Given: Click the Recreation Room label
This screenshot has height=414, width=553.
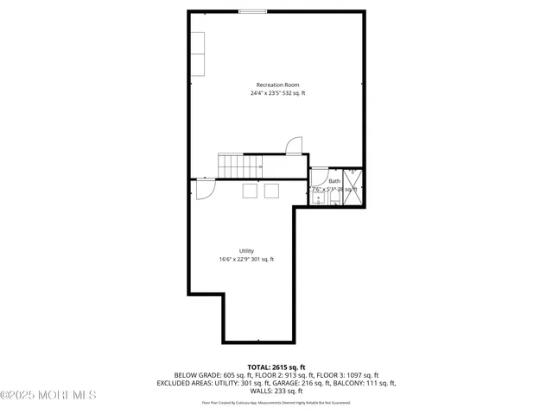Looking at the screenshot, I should [277, 85].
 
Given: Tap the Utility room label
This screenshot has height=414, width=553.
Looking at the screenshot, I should [246, 250].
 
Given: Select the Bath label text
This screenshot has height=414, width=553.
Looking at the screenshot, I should [334, 181].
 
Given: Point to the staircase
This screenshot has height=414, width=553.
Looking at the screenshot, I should [239, 166].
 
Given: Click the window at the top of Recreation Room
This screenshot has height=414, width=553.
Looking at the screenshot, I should [252, 11].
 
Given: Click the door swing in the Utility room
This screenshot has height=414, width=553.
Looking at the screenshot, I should [206, 188].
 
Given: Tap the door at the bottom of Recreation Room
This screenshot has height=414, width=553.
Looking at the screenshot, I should [294, 147].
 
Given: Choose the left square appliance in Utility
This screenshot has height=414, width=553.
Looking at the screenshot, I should [251, 191].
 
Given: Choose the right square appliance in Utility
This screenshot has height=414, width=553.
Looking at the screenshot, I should [271, 191].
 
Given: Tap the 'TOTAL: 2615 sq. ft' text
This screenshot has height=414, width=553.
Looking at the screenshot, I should [276, 367].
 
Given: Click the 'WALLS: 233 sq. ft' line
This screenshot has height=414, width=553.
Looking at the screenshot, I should [276, 391].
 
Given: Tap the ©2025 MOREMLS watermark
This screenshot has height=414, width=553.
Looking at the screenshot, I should [48, 396].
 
